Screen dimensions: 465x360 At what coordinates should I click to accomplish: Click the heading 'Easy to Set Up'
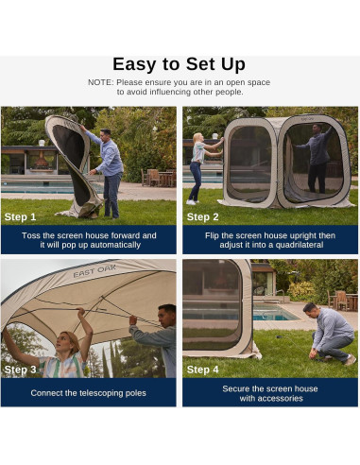[180, 64]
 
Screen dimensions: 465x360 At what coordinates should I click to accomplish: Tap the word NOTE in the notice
[100, 82]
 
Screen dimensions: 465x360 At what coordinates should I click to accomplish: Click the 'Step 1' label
[21, 216]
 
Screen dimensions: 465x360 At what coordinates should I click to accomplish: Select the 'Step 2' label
[203, 216]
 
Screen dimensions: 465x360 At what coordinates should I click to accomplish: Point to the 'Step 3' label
[21, 370]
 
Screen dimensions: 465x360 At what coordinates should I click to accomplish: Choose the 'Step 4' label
[203, 370]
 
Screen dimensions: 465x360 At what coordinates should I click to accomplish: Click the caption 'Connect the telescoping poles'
[90, 392]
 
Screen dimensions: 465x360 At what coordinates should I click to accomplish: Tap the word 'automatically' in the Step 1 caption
[115, 246]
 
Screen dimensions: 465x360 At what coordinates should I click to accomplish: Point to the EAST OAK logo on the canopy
[94, 272]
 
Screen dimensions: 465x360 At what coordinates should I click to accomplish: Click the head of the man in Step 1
[105, 134]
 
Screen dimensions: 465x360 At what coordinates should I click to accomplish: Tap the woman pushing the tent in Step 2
[197, 166]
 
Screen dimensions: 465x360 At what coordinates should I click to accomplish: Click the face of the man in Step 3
[166, 318]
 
